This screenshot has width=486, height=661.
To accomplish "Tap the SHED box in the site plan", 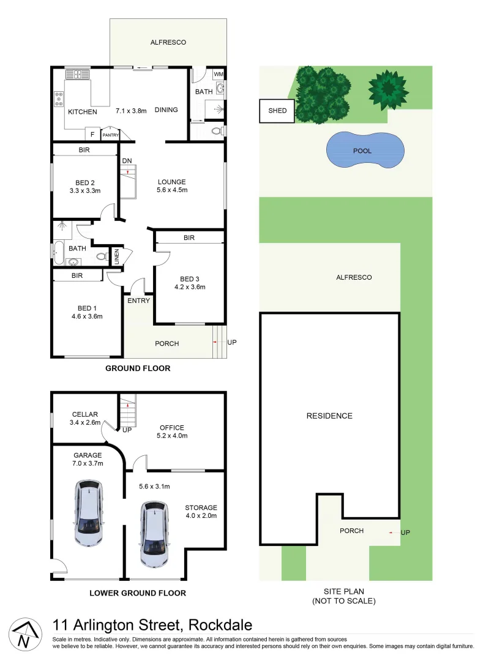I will click(277, 111).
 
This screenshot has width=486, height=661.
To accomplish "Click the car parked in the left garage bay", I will click(89, 512).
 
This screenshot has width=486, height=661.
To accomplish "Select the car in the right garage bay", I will click(155, 533).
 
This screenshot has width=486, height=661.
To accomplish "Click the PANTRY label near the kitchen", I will click(111, 135).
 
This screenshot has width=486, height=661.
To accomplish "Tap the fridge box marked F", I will click(92, 134).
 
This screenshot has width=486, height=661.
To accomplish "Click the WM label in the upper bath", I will click(219, 75).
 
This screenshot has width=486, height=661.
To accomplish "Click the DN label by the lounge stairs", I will click(127, 161).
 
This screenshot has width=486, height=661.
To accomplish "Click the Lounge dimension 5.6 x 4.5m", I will click(171, 190).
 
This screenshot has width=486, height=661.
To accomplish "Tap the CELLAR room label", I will click(85, 414).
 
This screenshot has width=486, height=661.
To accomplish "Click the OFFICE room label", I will click(172, 428).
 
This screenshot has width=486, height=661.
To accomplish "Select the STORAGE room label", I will click(201, 507).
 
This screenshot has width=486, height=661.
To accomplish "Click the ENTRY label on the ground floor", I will click(138, 301).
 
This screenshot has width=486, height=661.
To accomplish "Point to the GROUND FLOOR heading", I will click(138, 368).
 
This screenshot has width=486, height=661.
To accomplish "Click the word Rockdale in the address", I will click(220, 625).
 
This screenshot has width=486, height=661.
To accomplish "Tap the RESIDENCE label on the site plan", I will click(329, 416).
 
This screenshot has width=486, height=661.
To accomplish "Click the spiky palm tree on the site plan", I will click(387, 89).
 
